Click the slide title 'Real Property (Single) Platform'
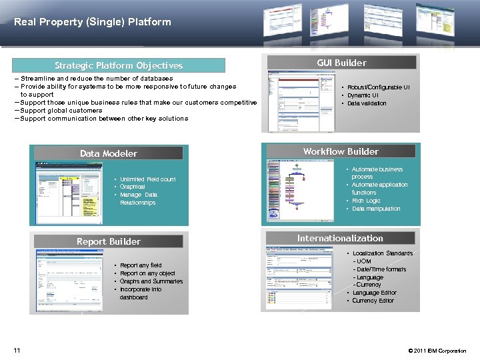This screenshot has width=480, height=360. [x=92, y=21]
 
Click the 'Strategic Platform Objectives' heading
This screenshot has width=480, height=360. [x=119, y=65]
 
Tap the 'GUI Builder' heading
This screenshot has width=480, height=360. [x=341, y=63]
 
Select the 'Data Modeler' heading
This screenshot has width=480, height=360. [x=109, y=153]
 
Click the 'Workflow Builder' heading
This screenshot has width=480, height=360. [x=341, y=151]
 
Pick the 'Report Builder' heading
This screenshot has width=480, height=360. [x=109, y=241]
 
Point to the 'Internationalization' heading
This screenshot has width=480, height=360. [x=340, y=238]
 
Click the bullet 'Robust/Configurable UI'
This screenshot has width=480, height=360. [x=378, y=87]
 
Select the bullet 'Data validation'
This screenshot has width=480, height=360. [x=367, y=103]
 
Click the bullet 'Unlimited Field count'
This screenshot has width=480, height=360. [x=147, y=179]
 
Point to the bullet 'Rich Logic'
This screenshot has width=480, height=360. [x=366, y=201]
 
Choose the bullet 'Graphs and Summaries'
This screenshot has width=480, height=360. [x=151, y=281]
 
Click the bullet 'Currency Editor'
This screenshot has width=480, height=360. [x=373, y=301]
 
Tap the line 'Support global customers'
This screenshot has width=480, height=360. [x=61, y=111]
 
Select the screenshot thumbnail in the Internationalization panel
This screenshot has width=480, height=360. [x=299, y=277]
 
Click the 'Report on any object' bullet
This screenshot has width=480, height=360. [x=147, y=273]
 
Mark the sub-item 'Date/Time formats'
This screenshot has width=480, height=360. [x=381, y=269]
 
